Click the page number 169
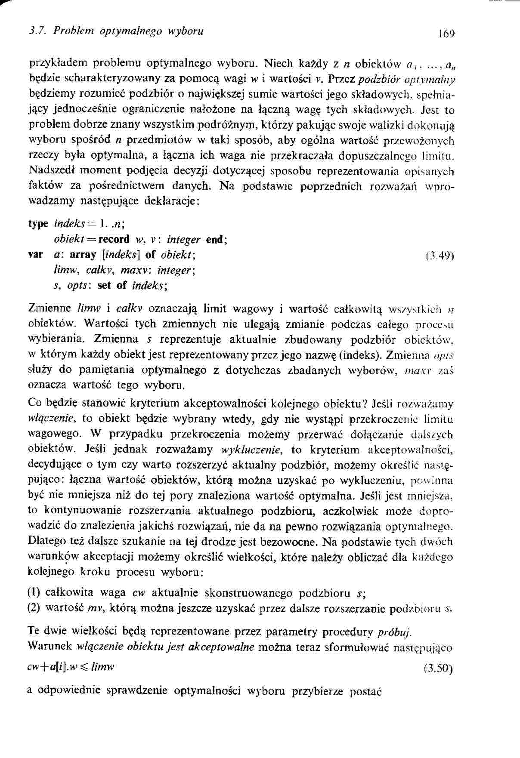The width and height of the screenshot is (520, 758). click(x=446, y=34)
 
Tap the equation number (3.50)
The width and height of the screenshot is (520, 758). click(x=439, y=669)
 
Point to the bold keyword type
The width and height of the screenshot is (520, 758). click(x=38, y=224)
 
